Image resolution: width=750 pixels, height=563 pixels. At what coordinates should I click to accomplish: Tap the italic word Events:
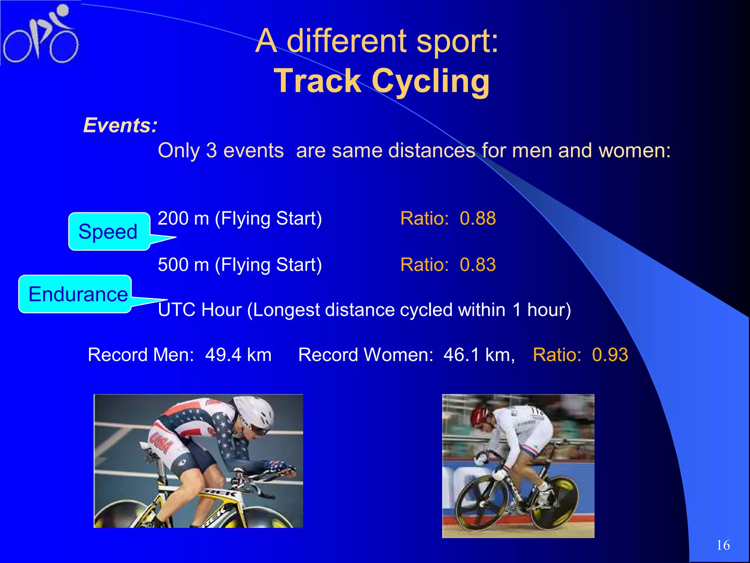coord(120,125)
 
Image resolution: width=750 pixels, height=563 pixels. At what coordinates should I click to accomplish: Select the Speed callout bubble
coord(108,232)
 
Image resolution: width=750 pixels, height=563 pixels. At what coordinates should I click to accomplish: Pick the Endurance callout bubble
coord(78,294)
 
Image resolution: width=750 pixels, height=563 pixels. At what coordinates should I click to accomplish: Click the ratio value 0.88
coord(478,218)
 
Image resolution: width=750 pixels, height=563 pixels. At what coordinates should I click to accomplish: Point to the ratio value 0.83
coord(478,265)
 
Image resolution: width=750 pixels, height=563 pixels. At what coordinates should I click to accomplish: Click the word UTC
coord(177,310)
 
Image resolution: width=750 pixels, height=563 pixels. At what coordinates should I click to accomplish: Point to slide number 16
coord(723,545)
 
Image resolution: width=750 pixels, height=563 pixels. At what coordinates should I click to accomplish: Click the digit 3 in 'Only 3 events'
coord(212,151)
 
